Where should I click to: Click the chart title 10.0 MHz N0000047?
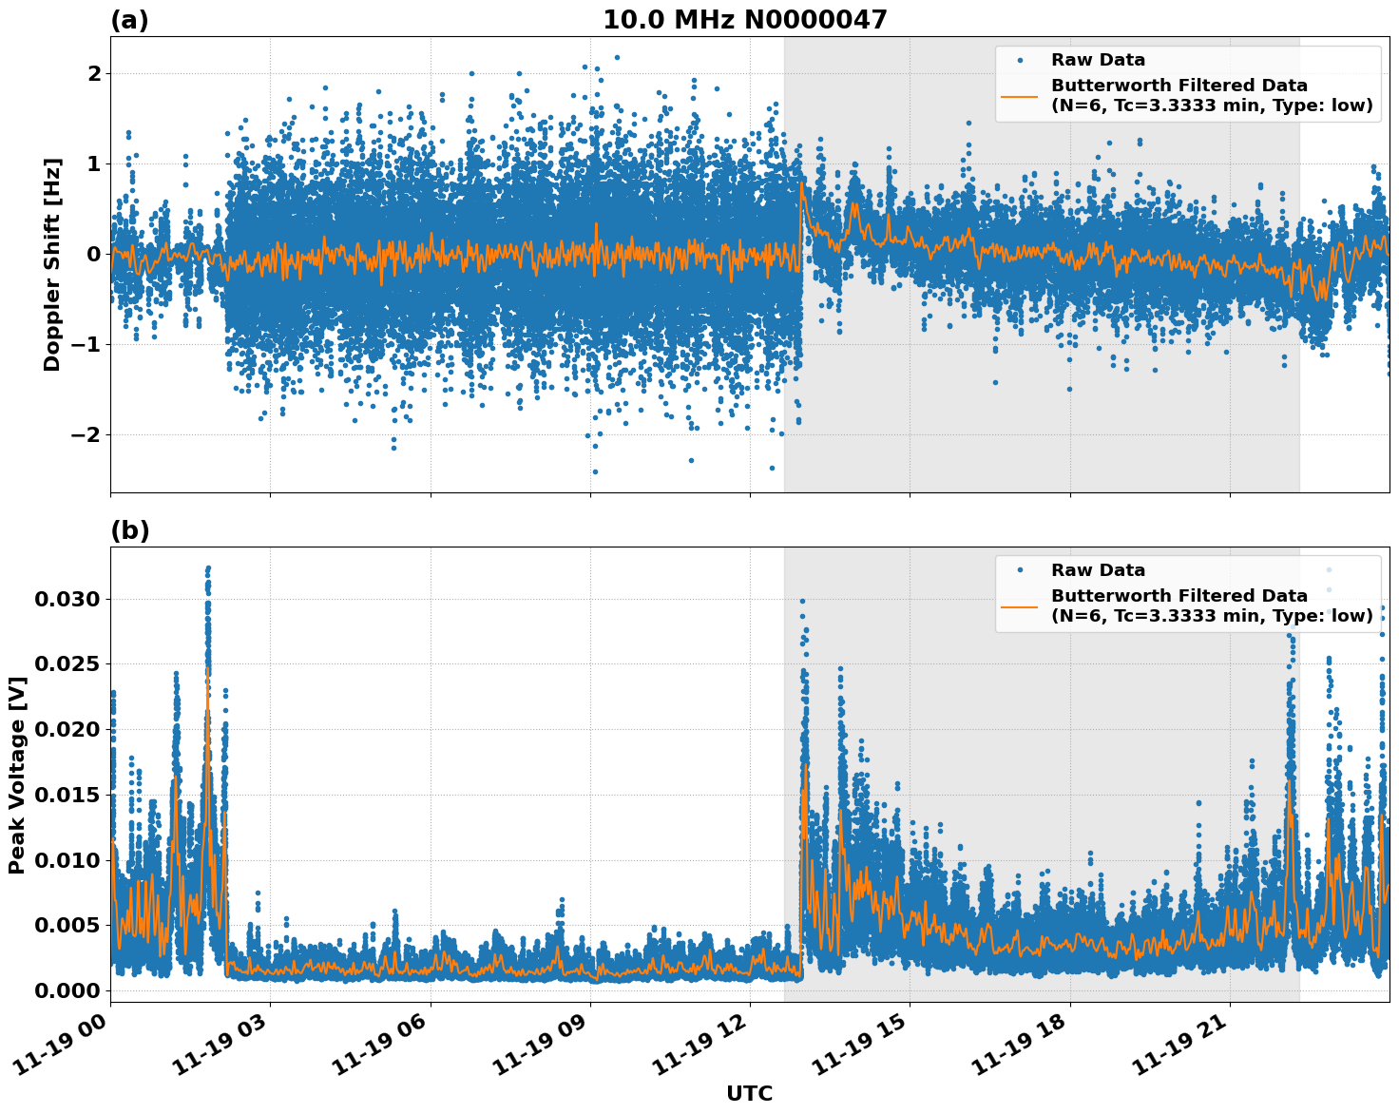[744, 20]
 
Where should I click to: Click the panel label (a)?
[129, 20]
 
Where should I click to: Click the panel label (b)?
[129, 530]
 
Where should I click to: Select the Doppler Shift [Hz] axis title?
[52, 264]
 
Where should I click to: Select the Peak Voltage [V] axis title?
[16, 775]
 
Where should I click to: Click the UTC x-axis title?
[749, 1094]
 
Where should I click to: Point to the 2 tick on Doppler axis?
[93, 73]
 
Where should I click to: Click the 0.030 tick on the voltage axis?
[67, 599]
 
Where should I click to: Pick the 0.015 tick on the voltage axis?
[67, 795]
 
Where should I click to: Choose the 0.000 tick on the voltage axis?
[67, 990]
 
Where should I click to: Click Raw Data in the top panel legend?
[1098, 60]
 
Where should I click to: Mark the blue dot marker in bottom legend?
[1020, 570]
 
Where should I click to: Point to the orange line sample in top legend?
[1020, 95]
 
